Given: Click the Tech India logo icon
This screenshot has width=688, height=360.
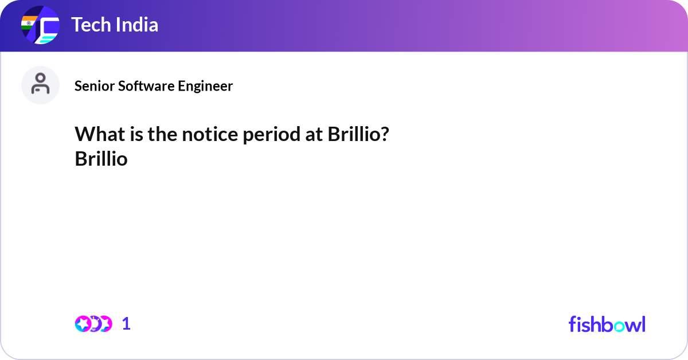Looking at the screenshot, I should pyautogui.click(x=40, y=26).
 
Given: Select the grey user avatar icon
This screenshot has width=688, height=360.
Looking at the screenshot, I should pyautogui.click(x=40, y=85).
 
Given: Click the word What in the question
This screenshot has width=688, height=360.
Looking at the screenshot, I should pyautogui.click(x=96, y=135).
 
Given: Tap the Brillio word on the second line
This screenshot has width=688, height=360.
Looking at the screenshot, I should pyautogui.click(x=101, y=159).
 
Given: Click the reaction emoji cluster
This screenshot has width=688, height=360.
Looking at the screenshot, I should pyautogui.click(x=93, y=324).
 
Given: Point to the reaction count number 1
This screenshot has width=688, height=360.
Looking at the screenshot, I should pyautogui.click(x=126, y=324).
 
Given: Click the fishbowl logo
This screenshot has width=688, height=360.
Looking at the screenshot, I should pyautogui.click(x=607, y=324).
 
